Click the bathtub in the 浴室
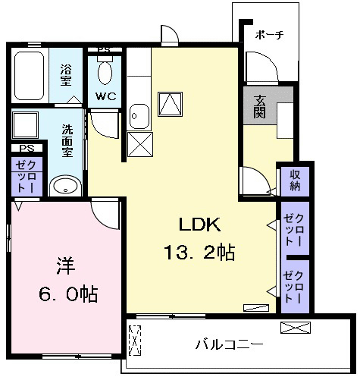coord(30,76)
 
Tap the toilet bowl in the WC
coord(105,73)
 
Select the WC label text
coord(106,96)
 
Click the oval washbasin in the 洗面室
coord(66,187)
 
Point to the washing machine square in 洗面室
coord(25,125)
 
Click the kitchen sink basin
coord(139,116)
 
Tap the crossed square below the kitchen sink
coord(140,144)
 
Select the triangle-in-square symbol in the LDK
coord(171,104)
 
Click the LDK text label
coord(199,225)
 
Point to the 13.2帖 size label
coord(199,252)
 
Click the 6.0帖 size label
coord(68,294)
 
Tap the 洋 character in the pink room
coord(66,265)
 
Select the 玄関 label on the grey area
coord(259,106)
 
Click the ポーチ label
coord(269,35)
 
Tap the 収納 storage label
coord(295,181)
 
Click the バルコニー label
coord(230,344)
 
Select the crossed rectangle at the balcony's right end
coord(296,328)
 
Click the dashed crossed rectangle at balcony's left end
coord(135,341)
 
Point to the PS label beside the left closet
coord(27,148)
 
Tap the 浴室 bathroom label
coord(66,75)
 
